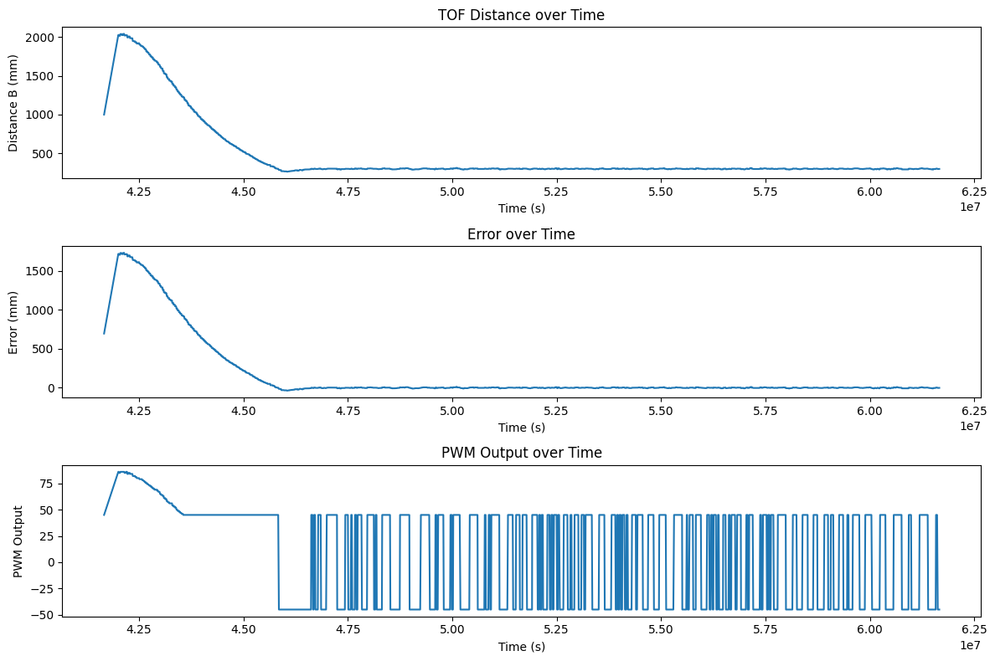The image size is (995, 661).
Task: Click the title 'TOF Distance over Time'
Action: [521, 15]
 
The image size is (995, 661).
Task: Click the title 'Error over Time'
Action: [521, 234]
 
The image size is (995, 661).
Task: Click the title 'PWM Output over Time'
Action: [521, 453]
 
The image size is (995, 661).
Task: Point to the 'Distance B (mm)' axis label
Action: [14, 102]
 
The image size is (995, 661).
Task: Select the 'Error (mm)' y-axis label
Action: [14, 321]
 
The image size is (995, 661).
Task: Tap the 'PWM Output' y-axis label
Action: [18, 541]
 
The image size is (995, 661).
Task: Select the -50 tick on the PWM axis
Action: [44, 614]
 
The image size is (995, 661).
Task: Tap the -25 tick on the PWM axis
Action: [44, 588]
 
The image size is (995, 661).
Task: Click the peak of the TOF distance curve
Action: [121, 34]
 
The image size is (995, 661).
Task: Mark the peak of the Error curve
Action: [121, 253]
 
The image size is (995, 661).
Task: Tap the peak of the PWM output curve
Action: [121, 472]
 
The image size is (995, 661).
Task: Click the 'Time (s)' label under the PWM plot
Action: [521, 646]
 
